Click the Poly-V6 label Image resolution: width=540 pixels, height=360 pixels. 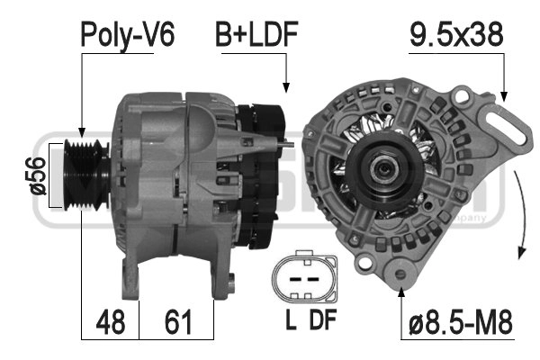(128, 34)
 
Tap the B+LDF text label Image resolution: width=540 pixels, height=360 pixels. (256, 34)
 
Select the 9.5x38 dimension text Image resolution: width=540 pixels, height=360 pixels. (456, 34)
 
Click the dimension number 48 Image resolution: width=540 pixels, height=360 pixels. (111, 321)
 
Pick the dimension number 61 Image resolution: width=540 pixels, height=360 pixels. (177, 321)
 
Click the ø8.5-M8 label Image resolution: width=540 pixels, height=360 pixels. (461, 321)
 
